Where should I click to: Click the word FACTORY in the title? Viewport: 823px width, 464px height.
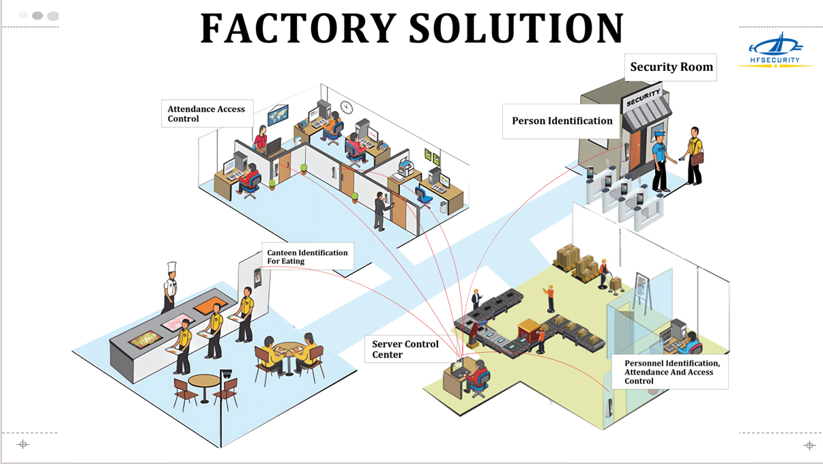click(x=298, y=29)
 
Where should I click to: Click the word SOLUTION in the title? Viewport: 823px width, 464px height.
click(x=516, y=29)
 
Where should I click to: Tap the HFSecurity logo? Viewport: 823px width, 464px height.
click(x=776, y=50)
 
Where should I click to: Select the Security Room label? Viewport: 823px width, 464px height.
click(x=671, y=67)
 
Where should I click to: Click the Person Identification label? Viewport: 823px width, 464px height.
click(x=562, y=121)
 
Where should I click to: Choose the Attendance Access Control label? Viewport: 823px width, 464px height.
click(x=206, y=113)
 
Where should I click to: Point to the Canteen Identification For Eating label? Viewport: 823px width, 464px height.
click(x=307, y=257)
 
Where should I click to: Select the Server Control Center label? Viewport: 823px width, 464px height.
click(x=405, y=349)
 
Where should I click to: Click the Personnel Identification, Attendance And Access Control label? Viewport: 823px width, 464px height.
click(x=672, y=372)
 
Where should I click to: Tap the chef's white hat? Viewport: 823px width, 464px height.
click(x=172, y=267)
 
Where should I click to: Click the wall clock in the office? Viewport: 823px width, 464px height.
click(x=347, y=107)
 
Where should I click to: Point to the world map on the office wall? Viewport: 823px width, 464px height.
click(x=278, y=115)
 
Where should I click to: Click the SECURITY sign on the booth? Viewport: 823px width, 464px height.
click(x=643, y=96)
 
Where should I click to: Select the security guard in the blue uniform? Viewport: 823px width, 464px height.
click(x=659, y=161)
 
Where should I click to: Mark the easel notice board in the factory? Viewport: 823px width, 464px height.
click(x=642, y=287)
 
